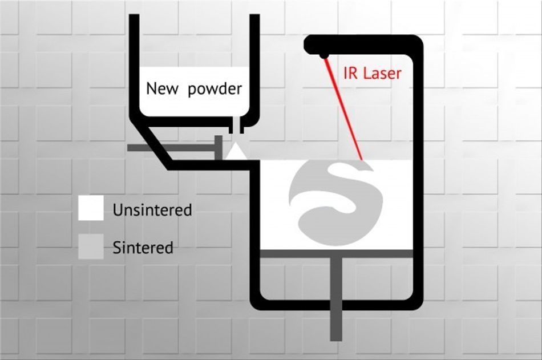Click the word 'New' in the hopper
[x=162, y=88]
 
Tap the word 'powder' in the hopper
[x=215, y=90]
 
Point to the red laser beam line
[x=343, y=110]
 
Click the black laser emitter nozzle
[x=324, y=55]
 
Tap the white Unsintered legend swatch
[x=91, y=208]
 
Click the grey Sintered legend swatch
[x=91, y=246]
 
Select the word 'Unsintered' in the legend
[x=152, y=210]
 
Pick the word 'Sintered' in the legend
[x=143, y=248]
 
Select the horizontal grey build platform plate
[x=337, y=253]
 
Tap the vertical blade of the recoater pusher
[x=219, y=148]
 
